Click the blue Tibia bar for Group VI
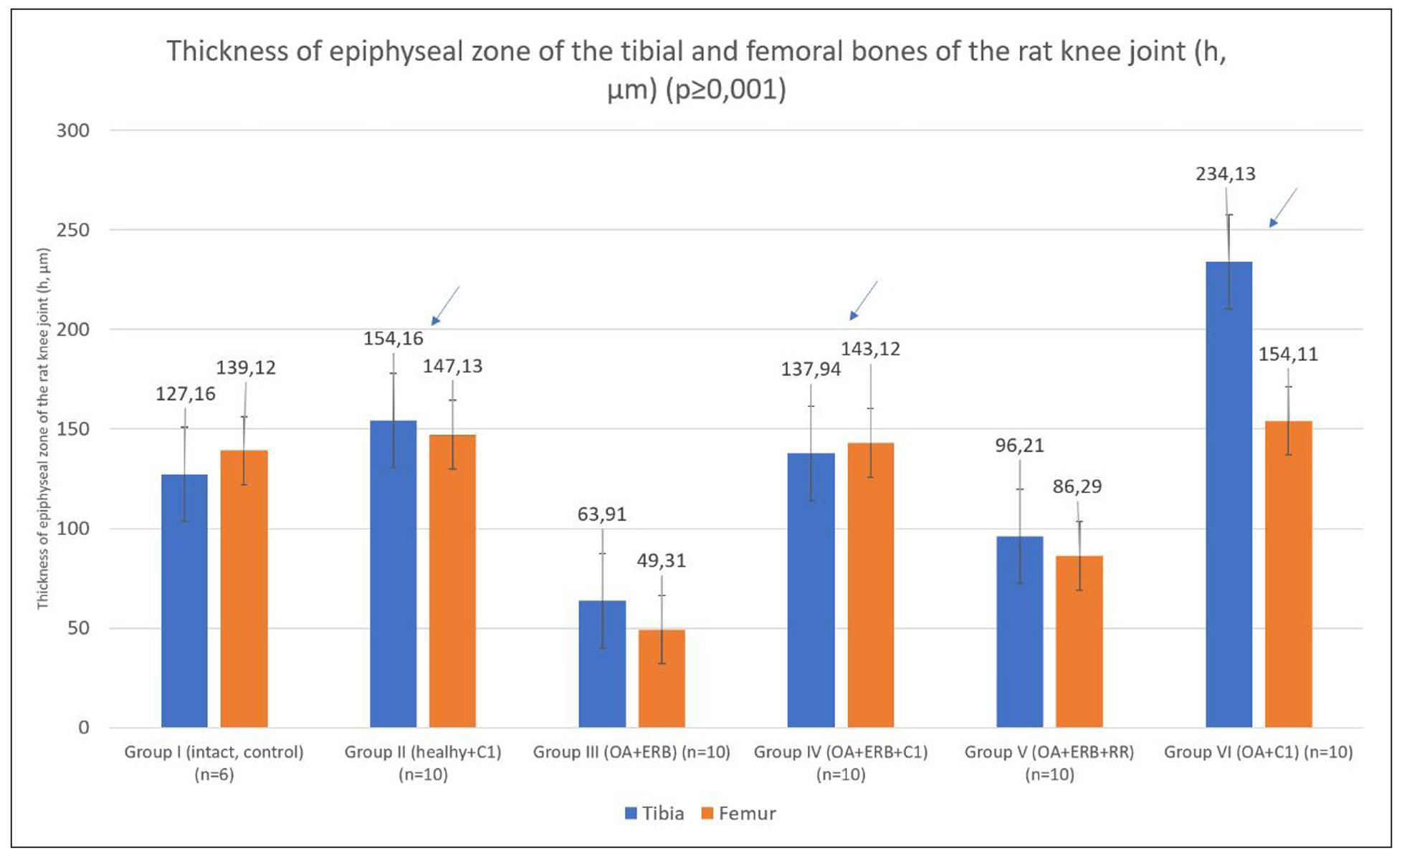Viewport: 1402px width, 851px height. tap(1229, 494)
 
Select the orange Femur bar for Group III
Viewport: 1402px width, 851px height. tap(662, 678)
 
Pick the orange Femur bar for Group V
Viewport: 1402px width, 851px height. tap(1079, 641)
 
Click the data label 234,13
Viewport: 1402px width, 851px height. tap(1225, 174)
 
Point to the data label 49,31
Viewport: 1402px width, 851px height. tap(661, 560)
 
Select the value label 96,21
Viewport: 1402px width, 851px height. tap(1019, 446)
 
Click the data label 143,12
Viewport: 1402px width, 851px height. tap(870, 349)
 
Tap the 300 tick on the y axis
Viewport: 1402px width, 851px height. tap(73, 130)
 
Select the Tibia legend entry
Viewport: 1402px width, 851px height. tap(654, 814)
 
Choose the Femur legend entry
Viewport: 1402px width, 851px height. tap(739, 814)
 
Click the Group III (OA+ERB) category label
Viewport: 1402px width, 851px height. tap(631, 752)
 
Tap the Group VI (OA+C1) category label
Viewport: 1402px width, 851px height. tap(1258, 752)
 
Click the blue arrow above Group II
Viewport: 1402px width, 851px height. tap(445, 306)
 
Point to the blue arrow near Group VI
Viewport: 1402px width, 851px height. tap(1283, 208)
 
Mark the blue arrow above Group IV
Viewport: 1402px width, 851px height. tap(864, 300)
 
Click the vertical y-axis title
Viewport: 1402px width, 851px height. tap(43, 428)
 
